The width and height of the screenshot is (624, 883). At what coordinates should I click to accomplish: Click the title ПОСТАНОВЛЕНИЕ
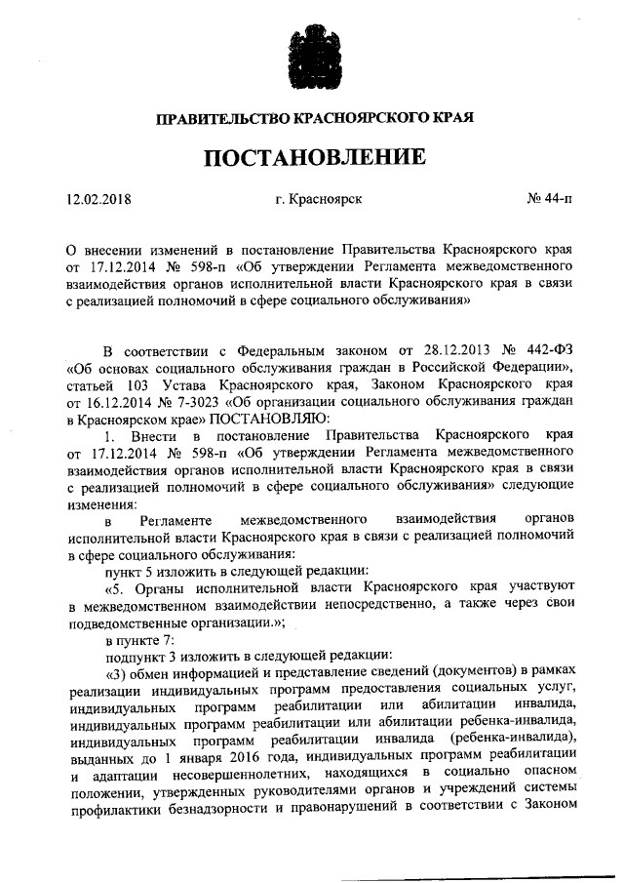[314, 156]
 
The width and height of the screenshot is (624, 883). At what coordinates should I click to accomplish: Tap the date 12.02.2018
[98, 199]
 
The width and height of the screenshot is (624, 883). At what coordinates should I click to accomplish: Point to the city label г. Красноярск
[319, 199]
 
